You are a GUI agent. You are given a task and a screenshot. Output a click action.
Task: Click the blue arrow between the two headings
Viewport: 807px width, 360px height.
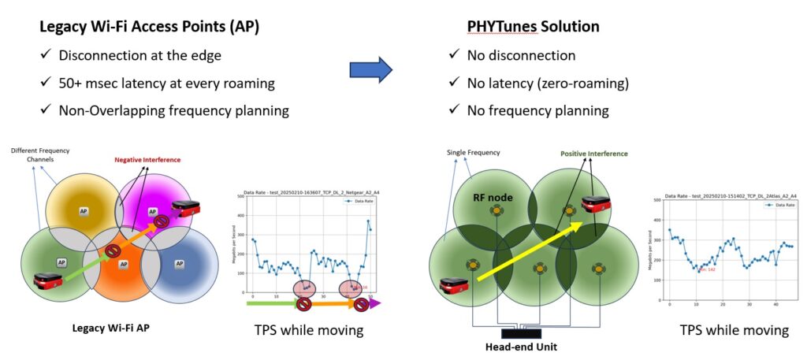370,69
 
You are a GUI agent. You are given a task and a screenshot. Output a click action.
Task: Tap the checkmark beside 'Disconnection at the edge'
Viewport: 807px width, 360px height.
46,55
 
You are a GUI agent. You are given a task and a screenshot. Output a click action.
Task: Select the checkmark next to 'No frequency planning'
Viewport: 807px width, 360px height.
454,110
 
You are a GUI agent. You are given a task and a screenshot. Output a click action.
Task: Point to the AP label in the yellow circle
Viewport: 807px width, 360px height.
84,212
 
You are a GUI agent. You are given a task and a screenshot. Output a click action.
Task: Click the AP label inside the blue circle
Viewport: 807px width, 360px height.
179,263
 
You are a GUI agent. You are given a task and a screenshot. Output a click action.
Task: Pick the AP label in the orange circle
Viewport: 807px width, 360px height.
123,265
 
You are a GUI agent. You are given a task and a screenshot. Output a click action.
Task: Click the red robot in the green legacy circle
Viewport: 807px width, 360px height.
46,280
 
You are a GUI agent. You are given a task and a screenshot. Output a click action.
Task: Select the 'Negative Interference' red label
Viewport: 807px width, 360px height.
147,160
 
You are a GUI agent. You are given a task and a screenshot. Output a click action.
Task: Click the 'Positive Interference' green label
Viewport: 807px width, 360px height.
593,154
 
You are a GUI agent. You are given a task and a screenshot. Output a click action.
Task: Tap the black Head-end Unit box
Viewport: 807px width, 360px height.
521,331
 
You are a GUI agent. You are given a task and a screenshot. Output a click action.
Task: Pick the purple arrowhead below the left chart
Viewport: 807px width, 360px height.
375,302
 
